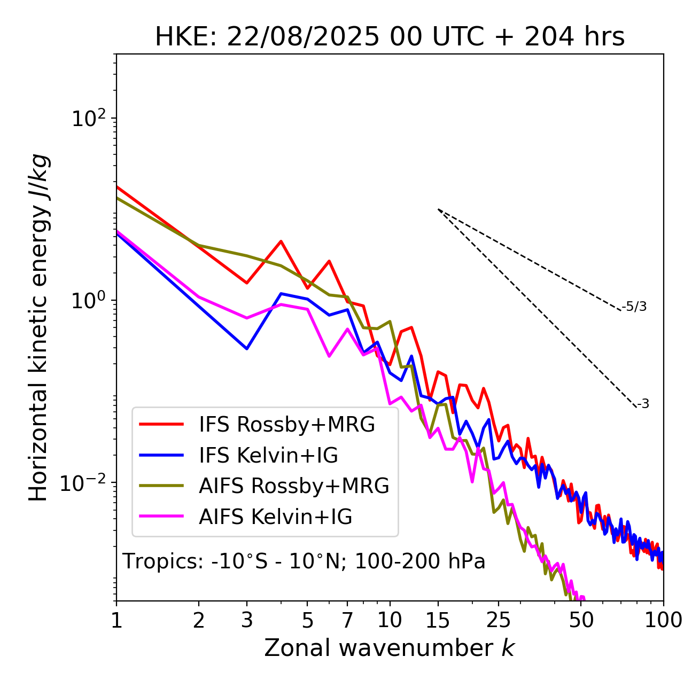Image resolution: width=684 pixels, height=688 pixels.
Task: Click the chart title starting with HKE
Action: pos(390,37)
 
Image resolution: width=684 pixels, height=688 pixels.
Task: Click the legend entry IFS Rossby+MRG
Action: pos(286,425)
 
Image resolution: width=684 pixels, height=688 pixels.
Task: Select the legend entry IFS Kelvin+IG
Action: pos(268,455)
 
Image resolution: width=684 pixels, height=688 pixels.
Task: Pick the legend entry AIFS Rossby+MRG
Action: pos(294,486)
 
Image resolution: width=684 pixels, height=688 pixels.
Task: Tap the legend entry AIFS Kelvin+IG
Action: pos(275,517)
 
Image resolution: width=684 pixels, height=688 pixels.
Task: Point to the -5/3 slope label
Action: pos(634,307)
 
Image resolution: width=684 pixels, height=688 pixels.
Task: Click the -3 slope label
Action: pos(643,404)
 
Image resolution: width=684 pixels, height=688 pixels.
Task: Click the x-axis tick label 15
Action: pos(438,620)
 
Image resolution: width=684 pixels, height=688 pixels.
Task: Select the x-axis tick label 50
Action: pos(581,620)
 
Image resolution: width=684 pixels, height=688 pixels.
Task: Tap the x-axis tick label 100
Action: pos(663,620)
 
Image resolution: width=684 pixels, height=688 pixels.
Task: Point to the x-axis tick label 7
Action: pos(347,620)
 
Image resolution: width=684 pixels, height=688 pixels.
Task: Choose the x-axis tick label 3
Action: pos(247,620)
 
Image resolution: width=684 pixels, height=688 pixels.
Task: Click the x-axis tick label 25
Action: pos(499,620)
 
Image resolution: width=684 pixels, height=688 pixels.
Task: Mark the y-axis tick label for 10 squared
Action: pos(88,119)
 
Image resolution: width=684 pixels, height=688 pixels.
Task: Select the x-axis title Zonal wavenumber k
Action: pos(390,648)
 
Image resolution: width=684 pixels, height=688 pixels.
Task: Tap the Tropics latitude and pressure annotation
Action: pos(304,561)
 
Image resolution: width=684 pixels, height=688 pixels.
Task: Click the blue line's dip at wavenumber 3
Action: pos(247,349)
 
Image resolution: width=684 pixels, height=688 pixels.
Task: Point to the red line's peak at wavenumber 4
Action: pos(281,241)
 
